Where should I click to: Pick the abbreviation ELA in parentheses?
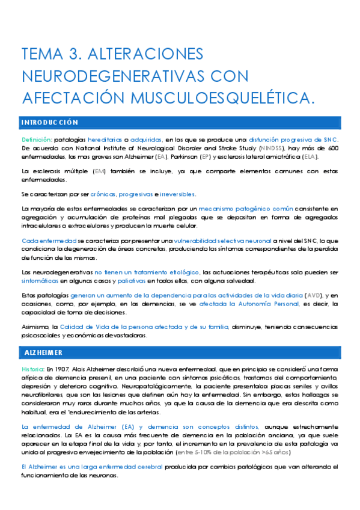pyautogui.click(x=309, y=157)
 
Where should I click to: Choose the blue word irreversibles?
pyautogui.click(x=178, y=194)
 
